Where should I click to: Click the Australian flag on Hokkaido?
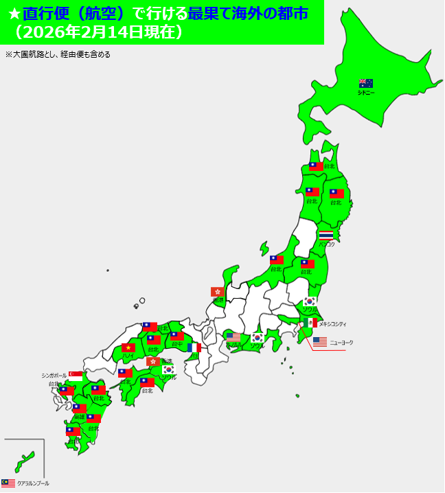click(x=366, y=83)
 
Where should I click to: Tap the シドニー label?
click(x=366, y=92)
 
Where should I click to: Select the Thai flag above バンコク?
click(x=326, y=235)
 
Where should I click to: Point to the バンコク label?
click(x=327, y=244)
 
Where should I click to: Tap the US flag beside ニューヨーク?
click(x=319, y=341)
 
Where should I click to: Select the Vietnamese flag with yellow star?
click(x=128, y=347)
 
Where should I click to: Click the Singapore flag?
click(x=76, y=376)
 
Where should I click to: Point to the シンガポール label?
click(x=54, y=376)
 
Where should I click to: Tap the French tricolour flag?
click(x=194, y=347)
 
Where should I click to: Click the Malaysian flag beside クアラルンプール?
click(x=8, y=483)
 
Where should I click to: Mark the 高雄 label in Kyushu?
click(x=80, y=416)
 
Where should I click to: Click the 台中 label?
click(x=177, y=344)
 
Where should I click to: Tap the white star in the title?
click(x=12, y=13)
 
